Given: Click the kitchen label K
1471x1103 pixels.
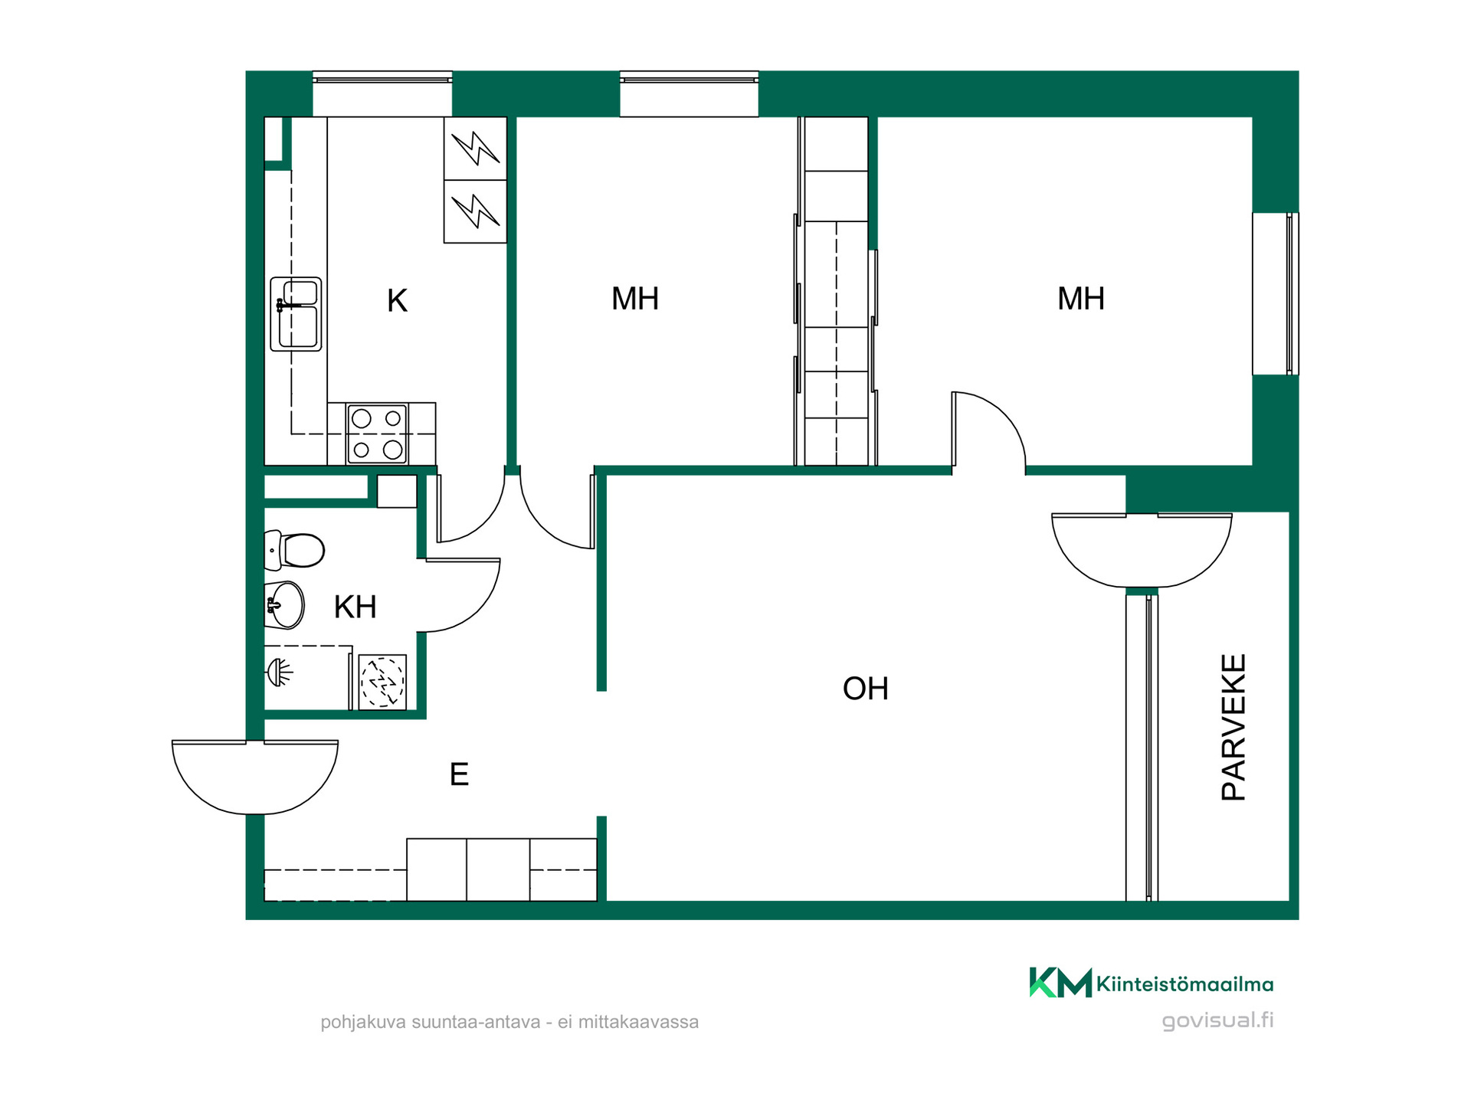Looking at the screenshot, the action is [397, 301].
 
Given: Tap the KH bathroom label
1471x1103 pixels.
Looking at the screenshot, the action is [355, 607].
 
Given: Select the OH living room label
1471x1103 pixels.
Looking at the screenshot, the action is [866, 689].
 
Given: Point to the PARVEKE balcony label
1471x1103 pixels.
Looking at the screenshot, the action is [1233, 727].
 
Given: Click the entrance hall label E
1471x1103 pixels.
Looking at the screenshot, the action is [459, 774].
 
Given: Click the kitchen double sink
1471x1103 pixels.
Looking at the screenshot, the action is [296, 314].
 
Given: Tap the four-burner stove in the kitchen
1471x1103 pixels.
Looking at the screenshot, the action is [377, 434].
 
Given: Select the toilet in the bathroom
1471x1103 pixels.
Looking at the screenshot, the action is [295, 550].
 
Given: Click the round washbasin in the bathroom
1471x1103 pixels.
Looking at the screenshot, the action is [285, 605].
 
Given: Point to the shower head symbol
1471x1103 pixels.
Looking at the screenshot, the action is [280, 673].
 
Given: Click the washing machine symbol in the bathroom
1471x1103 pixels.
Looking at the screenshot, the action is [382, 682].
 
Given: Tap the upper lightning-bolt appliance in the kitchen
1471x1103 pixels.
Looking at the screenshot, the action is [475, 149].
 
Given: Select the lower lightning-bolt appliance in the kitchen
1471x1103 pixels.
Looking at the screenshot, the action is [475, 212].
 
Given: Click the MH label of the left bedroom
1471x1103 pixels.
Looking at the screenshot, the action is [635, 299].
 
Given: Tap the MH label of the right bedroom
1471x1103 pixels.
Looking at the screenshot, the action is [1081, 299].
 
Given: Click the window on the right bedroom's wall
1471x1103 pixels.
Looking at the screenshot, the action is [1276, 293].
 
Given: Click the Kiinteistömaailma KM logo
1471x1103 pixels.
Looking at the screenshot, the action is [1152, 983].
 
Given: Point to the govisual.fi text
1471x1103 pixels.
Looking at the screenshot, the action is [1218, 1020].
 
